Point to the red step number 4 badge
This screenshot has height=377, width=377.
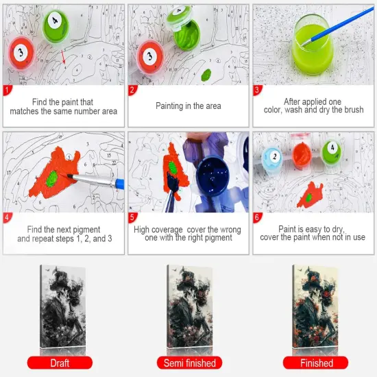click(8, 219)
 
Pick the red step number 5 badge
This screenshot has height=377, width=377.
click(133, 219)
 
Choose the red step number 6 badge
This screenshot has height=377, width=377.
click(258, 219)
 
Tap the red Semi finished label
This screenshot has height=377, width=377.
click(189, 363)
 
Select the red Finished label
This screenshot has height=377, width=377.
click(316, 363)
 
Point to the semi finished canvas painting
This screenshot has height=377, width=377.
click(189, 305)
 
